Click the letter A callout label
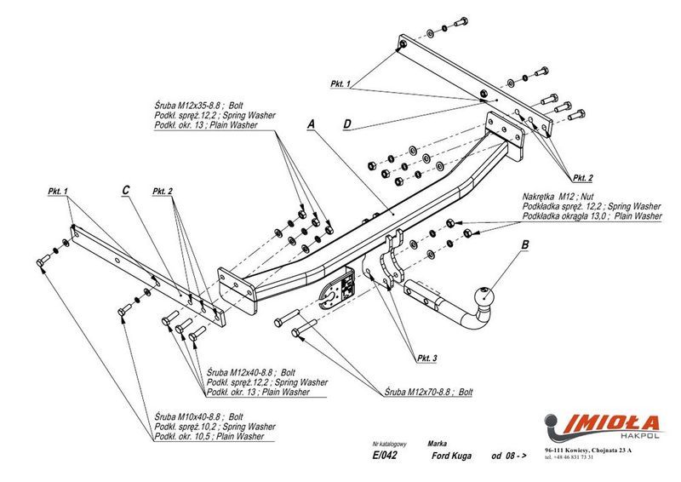[x=312, y=124]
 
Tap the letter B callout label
[x=525, y=247]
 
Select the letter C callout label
[x=126, y=190]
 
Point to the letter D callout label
[x=347, y=124]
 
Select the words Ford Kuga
[x=450, y=456]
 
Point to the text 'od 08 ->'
[x=509, y=456]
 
